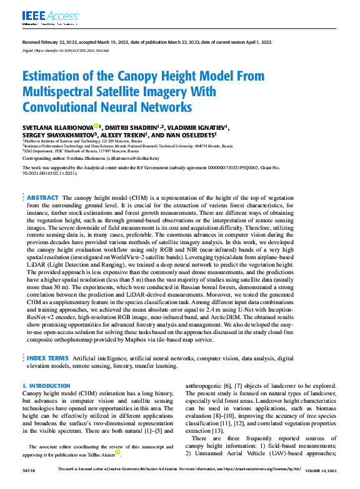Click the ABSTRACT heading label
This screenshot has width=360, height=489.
43,197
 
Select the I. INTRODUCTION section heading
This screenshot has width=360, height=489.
46,387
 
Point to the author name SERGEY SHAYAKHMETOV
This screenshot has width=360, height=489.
59,134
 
